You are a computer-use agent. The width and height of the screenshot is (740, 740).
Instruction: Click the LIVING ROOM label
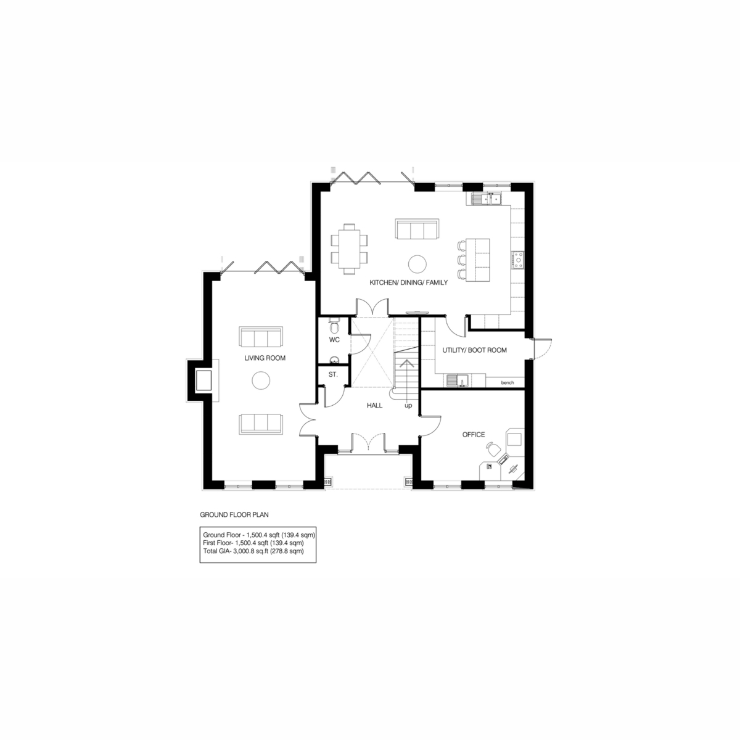click(265, 358)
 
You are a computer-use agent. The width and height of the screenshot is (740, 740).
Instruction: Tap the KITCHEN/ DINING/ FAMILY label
click(409, 282)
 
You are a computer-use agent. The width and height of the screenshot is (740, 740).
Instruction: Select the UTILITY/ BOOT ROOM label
click(474, 350)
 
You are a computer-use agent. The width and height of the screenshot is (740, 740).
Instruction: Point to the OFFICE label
click(474, 435)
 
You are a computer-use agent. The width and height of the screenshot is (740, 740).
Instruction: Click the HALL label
click(374, 406)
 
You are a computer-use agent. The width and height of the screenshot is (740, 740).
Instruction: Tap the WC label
click(334, 340)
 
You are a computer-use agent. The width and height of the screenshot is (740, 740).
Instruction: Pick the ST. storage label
click(333, 374)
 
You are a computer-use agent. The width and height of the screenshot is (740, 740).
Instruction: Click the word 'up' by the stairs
click(408, 406)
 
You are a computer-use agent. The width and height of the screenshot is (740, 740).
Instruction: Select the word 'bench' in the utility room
click(508, 382)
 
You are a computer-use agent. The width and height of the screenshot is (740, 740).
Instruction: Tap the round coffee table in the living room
click(261, 380)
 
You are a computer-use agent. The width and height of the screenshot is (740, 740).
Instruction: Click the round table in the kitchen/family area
click(417, 264)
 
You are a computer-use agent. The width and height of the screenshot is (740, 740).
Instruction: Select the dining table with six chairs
click(350, 249)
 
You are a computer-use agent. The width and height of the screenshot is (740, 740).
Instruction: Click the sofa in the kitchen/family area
click(417, 229)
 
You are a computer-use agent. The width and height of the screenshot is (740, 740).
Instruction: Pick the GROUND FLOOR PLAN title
click(234, 514)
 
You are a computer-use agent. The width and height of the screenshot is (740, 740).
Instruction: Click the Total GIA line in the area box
click(253, 551)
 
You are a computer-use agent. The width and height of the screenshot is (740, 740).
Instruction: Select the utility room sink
click(458, 380)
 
